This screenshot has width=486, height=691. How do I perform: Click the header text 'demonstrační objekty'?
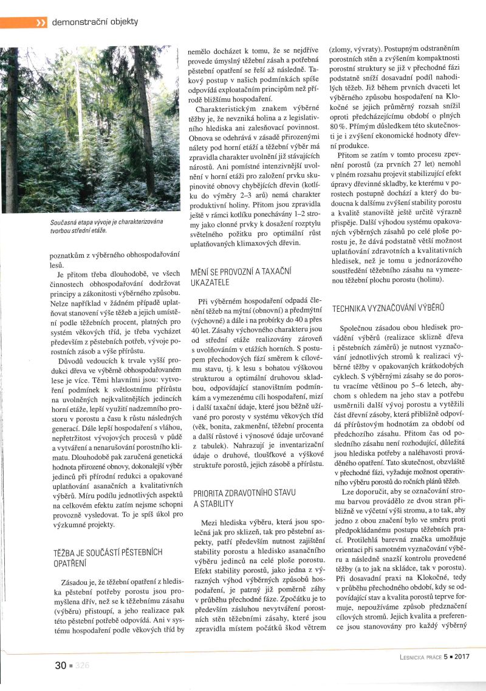pyautogui.click(x=95, y=22)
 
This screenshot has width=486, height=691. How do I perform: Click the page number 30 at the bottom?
pyautogui.click(x=61, y=665)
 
